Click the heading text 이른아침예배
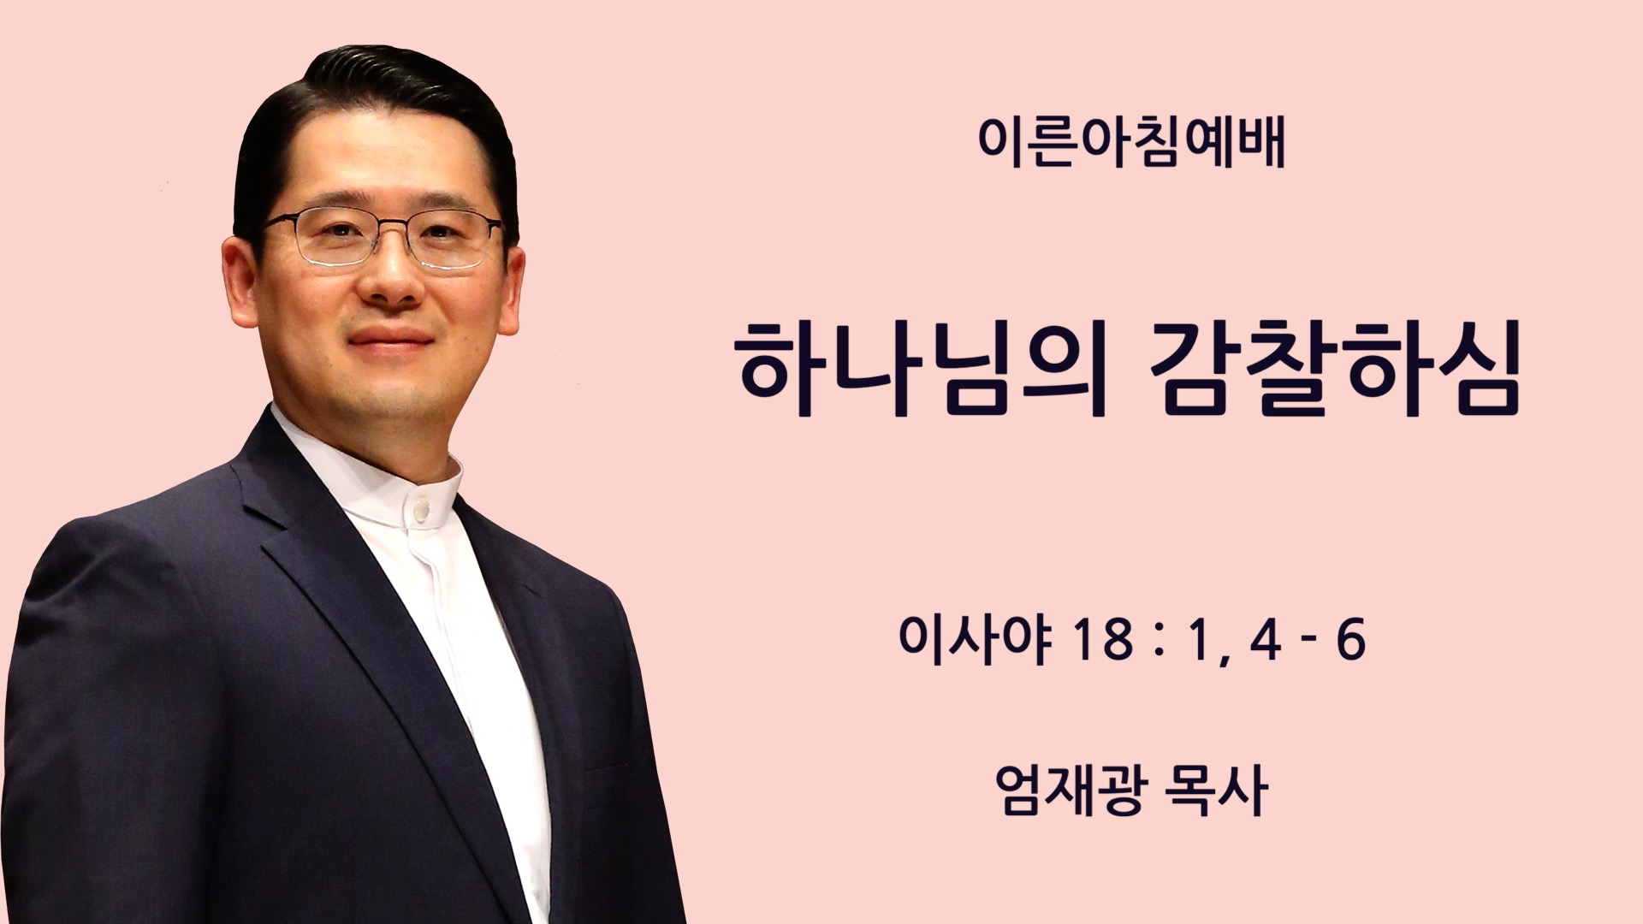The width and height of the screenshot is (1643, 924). point(1131,142)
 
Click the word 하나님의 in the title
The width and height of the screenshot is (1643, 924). point(922,369)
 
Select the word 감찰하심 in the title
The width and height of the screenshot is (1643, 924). point(1334,369)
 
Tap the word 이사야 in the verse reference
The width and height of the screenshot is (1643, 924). point(975,639)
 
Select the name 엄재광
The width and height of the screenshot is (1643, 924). point(1070,789)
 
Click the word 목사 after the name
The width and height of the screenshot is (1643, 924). point(1215,789)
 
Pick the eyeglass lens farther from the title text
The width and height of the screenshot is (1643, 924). point(334,238)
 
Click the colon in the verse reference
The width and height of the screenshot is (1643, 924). point(1160,642)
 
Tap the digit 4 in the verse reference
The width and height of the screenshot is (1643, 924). point(1266,640)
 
